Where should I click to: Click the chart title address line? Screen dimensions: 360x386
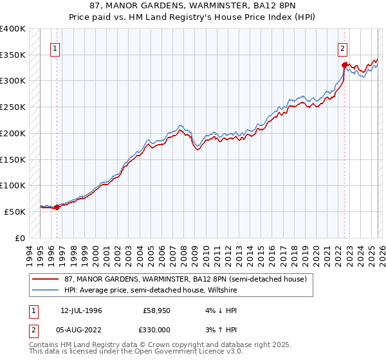tap(193, 6)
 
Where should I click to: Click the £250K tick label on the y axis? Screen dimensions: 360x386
tap(12, 107)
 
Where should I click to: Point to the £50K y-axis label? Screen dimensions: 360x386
tap(14, 212)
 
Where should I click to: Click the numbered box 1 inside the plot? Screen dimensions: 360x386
tap(55, 48)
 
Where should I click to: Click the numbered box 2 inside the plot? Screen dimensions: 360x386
tap(343, 48)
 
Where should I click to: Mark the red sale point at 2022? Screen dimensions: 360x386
tap(344, 65)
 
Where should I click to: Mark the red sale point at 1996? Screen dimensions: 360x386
tap(57, 207)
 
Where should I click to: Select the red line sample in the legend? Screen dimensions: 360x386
tap(45, 279)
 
